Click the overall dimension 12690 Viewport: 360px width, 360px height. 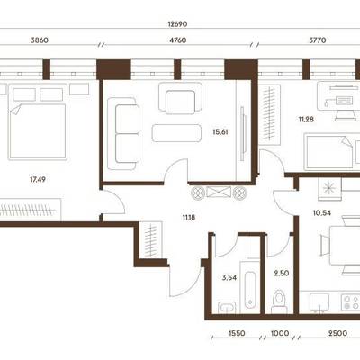[x=177, y=24]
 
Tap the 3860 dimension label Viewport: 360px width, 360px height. [x=40, y=40]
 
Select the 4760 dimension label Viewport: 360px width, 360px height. [x=178, y=40]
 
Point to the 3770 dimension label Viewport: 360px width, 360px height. [x=318, y=40]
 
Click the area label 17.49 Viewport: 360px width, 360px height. [x=38, y=180]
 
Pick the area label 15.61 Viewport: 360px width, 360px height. [x=220, y=132]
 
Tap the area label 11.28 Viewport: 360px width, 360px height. [x=306, y=120]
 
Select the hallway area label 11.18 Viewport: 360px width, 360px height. [x=189, y=218]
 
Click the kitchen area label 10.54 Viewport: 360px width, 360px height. [x=322, y=213]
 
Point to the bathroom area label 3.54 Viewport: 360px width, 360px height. [x=229, y=277]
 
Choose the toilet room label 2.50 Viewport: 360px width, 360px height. [x=282, y=274]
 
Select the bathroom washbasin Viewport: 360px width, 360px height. [x=227, y=308]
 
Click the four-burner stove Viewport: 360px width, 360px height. [x=351, y=302]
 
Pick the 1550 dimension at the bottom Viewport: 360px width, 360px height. [x=237, y=333]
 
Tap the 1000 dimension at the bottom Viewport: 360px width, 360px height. [x=280, y=333]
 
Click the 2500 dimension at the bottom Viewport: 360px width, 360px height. [x=337, y=333]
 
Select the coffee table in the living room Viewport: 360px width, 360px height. [x=176, y=133]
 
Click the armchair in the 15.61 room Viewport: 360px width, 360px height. [x=180, y=98]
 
